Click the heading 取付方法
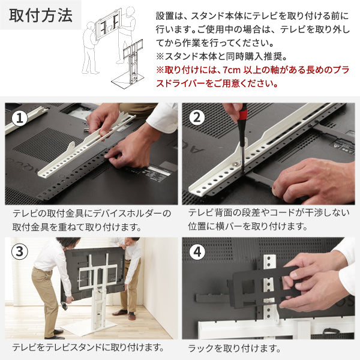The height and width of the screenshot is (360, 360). (40, 16)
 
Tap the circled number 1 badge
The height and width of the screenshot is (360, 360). (21, 118)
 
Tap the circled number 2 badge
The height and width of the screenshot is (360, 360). (199, 118)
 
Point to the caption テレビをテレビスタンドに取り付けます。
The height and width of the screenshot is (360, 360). (89, 347)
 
